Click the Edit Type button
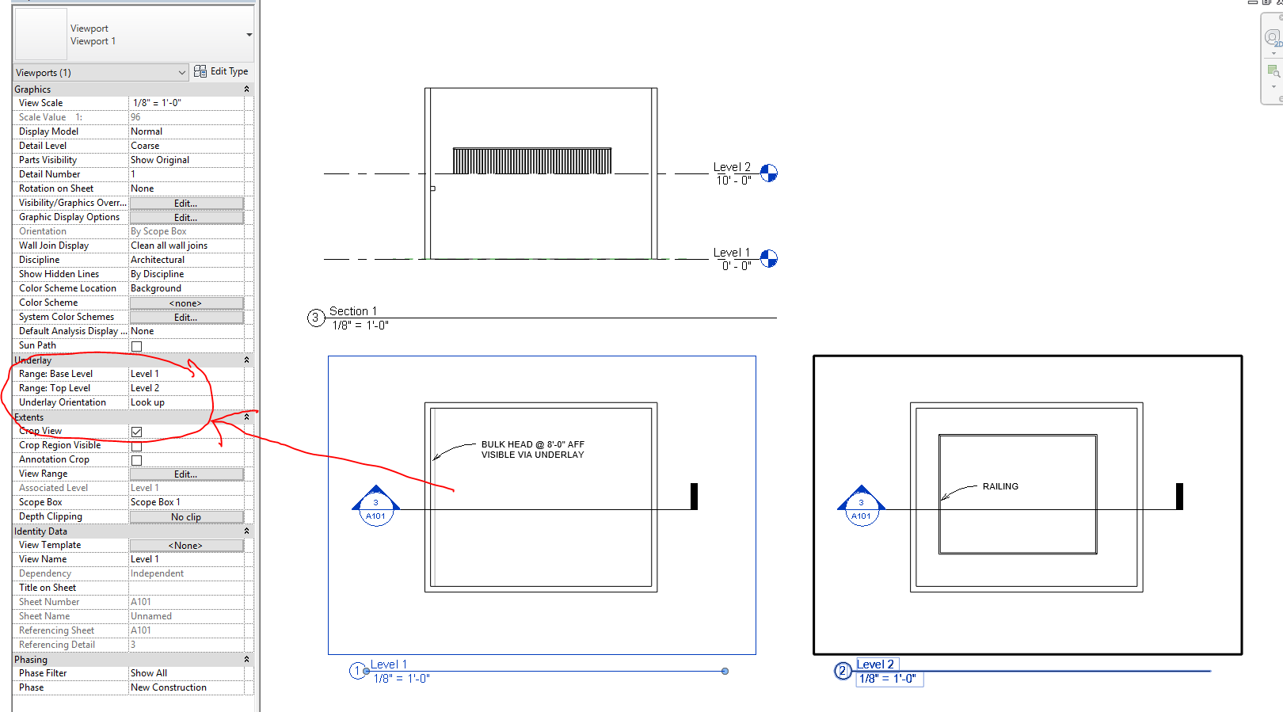pyautogui.click(x=221, y=71)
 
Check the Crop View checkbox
pyautogui.click(x=137, y=432)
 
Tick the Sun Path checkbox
pyautogui.click(x=137, y=346)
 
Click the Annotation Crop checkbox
pyautogui.click(x=137, y=460)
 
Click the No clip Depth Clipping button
pyautogui.click(x=186, y=517)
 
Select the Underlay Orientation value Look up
pyautogui.click(x=186, y=402)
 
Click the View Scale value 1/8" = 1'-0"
pyautogui.click(x=186, y=103)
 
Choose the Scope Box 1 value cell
pyautogui.click(x=186, y=502)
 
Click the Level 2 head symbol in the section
pyautogui.click(x=769, y=173)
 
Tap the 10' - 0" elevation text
pyautogui.click(x=733, y=181)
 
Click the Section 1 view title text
pyautogui.click(x=353, y=311)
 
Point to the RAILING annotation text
pyautogui.click(x=1000, y=486)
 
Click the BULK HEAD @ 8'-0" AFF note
pyautogui.click(x=532, y=450)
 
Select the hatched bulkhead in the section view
pyautogui.click(x=532, y=161)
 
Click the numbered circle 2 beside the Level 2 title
pyautogui.click(x=843, y=672)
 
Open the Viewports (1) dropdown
pyautogui.click(x=101, y=73)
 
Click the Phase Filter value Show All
pyautogui.click(x=186, y=673)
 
